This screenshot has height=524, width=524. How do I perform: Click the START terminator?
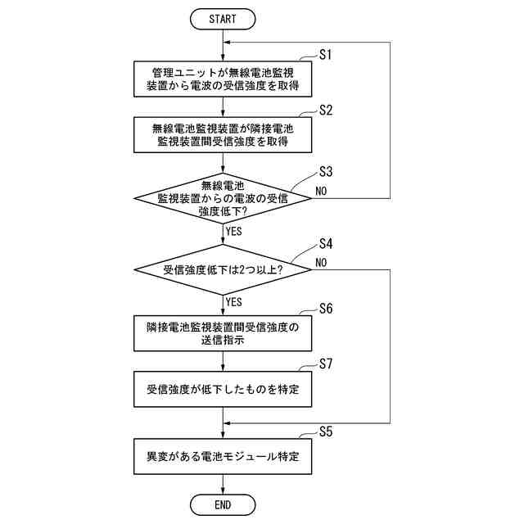pos(223,19)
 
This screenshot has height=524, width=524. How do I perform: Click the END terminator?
pos(223,504)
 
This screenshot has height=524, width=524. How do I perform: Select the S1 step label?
pos(326,55)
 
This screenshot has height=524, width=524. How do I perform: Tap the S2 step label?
pos(326,111)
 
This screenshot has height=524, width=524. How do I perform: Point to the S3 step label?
pos(326,172)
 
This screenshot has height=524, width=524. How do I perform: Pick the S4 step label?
pos(326,244)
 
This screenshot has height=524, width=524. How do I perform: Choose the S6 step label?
pos(326,309)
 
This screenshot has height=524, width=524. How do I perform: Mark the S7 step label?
pos(326,364)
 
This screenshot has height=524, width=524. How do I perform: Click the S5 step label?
pos(326,431)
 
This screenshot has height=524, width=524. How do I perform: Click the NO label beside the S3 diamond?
pos(321,191)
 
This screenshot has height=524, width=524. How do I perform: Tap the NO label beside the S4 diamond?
pos(321,263)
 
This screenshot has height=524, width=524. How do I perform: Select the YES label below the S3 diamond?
pos(233,231)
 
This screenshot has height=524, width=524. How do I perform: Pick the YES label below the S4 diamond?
pos(233,302)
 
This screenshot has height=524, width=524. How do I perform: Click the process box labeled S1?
pos(223,79)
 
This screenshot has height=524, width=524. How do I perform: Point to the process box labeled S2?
pos(223,135)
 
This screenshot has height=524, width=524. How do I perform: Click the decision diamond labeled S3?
pos(223,198)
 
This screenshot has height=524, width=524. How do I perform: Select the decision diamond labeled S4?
pos(223,269)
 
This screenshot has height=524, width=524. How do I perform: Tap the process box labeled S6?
pos(223,333)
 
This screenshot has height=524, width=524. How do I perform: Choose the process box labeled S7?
pos(223,389)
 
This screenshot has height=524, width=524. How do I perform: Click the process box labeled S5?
pos(223,457)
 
